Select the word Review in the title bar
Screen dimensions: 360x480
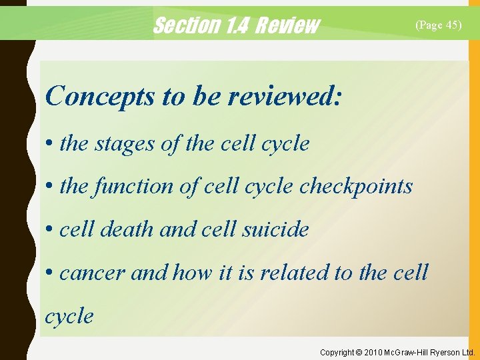click(287, 25)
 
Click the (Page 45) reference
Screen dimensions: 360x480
click(438, 25)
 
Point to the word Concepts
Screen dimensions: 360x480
click(99, 96)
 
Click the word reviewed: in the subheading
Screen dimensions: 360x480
click(285, 96)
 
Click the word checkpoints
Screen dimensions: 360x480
click(356, 187)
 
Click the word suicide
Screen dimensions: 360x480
click(275, 229)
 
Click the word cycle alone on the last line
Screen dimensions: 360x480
click(69, 315)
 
